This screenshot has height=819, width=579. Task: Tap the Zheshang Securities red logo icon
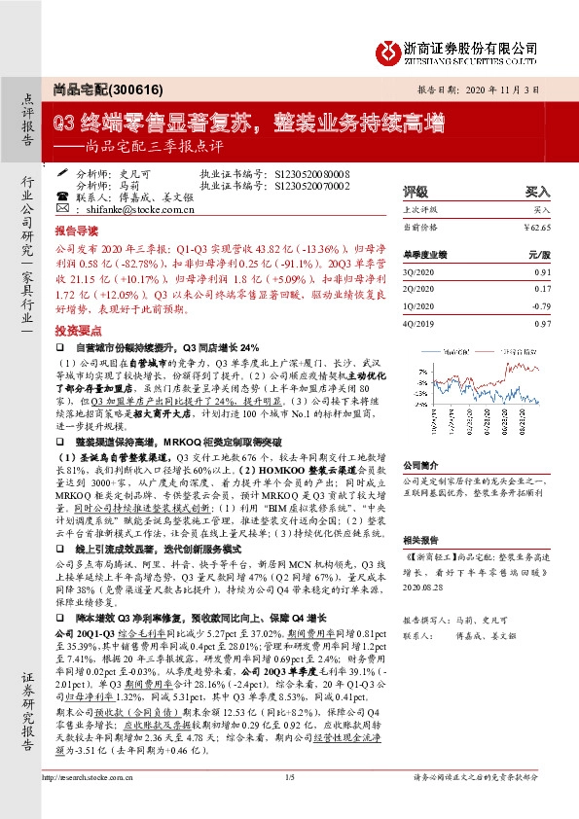tap(392, 50)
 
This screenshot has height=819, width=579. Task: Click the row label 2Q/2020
tap(419, 289)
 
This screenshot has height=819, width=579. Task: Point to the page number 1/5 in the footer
tap(288, 803)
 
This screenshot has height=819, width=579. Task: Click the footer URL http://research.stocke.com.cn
tap(94, 803)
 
